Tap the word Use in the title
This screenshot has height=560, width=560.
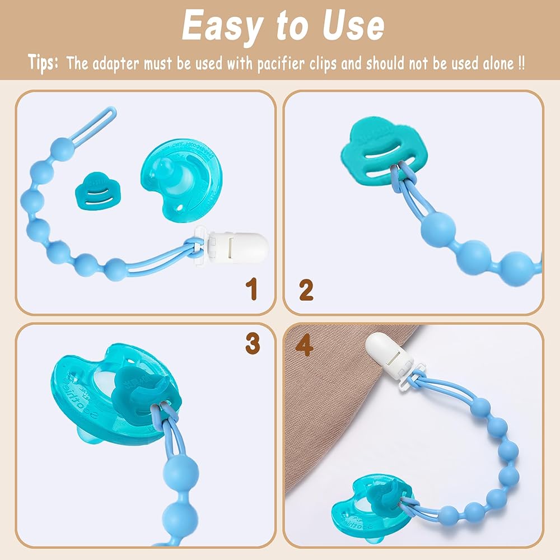(353, 26)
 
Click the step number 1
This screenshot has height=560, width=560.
(251, 288)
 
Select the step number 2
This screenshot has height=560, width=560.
(306, 290)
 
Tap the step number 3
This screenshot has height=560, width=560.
(253, 343)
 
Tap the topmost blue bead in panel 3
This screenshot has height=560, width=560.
(180, 472)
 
